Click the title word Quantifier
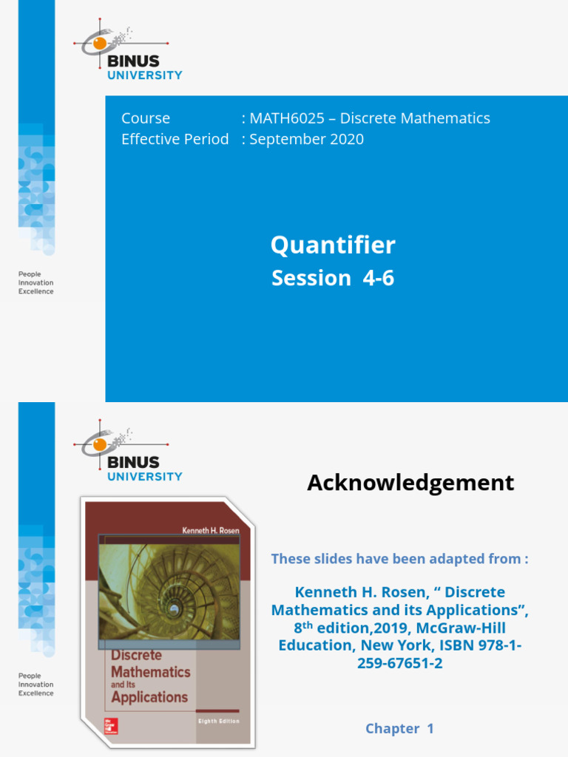pyautogui.click(x=333, y=245)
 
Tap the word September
pyautogui.click(x=281, y=139)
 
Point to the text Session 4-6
pyautogui.click(x=333, y=278)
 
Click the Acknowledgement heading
pyautogui.click(x=410, y=483)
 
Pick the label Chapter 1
pyautogui.click(x=399, y=728)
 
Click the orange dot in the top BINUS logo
pyautogui.click(x=99, y=44)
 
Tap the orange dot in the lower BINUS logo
pyautogui.click(x=99, y=445)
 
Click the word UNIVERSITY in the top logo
pyautogui.click(x=145, y=75)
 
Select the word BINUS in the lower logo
pyautogui.click(x=133, y=462)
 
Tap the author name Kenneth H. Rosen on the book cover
pyautogui.click(x=211, y=529)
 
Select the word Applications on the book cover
pyautogui.click(x=149, y=696)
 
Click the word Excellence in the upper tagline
pyautogui.click(x=35, y=292)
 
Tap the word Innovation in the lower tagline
pyautogui.click(x=35, y=685)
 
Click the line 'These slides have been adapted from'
pyautogui.click(x=399, y=559)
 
